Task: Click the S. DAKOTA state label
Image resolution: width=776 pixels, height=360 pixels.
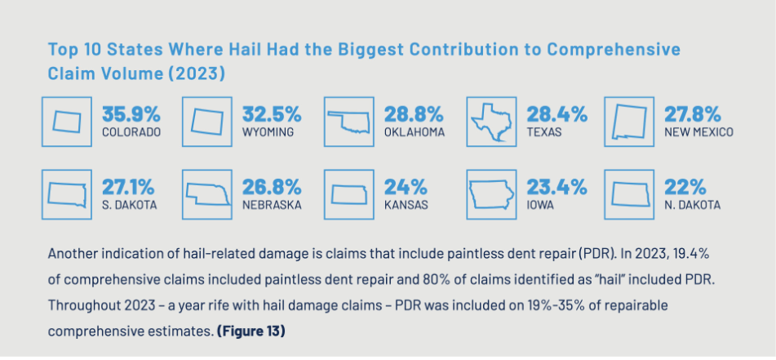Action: pos(129,206)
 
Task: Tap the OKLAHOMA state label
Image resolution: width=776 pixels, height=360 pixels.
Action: pos(414,132)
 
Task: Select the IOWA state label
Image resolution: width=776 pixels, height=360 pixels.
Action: pos(540,206)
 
